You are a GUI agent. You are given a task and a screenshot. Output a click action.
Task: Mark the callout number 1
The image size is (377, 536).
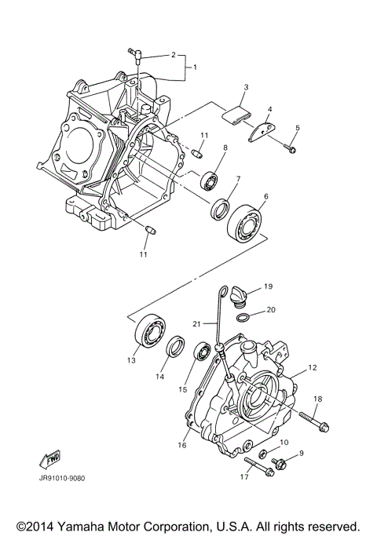click(194, 67)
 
